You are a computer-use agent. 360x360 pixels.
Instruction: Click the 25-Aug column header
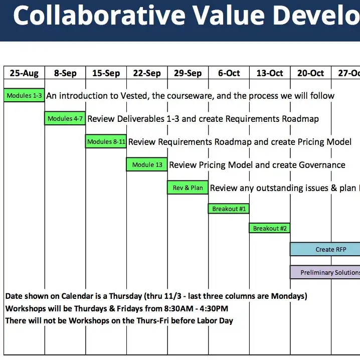pos(24,73)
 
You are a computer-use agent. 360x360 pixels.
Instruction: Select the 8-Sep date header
pos(65,73)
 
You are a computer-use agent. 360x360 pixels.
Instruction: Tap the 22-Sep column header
pos(147,73)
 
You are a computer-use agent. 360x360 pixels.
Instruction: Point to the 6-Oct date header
pos(229,73)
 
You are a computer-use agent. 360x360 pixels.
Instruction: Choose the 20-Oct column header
pos(311,73)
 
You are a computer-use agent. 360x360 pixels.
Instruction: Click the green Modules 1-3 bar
pos(24,95)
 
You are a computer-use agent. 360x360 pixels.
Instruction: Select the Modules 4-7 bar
pos(65,118)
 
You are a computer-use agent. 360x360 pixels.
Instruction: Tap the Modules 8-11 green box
pos(106,141)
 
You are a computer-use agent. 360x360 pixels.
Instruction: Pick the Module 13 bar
pos(147,164)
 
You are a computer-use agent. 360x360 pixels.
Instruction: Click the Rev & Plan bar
pos(188,188)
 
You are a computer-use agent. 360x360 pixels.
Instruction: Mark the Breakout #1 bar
pos(229,209)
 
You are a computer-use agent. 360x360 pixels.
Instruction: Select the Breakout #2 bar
pos(270,228)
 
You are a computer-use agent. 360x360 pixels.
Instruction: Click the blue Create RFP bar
pos(325,249)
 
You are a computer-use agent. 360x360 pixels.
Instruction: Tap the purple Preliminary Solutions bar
pos(325,272)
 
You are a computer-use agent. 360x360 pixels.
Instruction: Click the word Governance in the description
pos(322,165)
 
